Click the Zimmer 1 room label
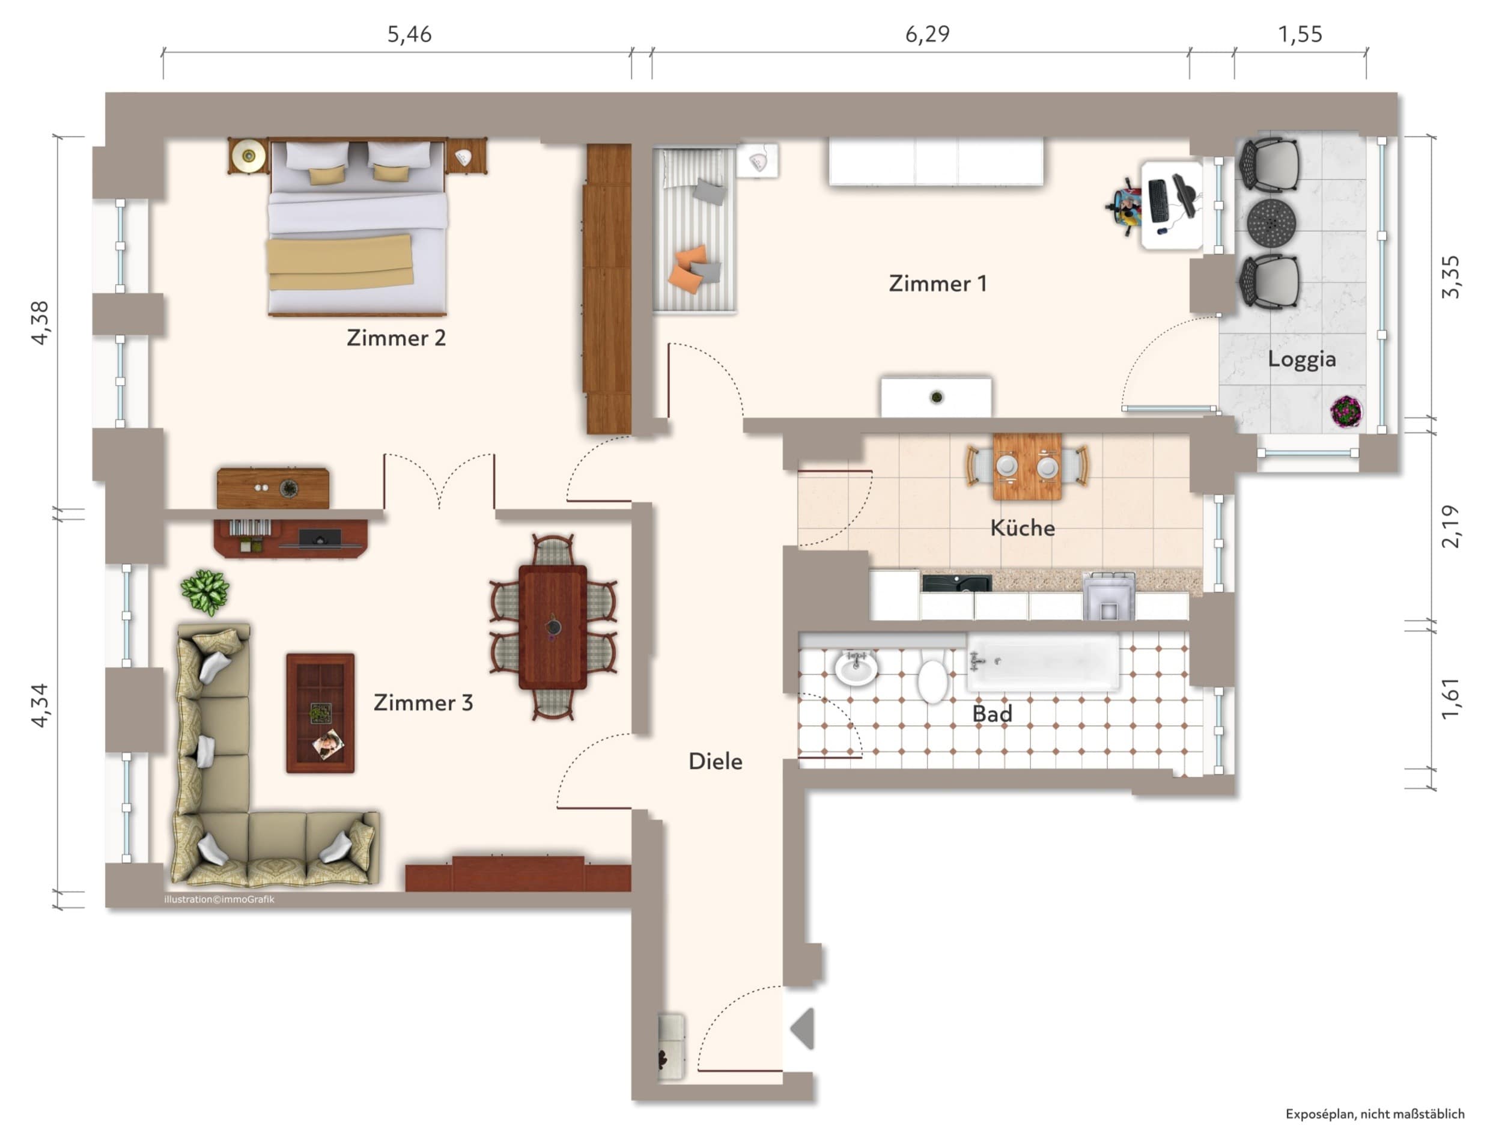pos(938,284)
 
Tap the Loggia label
pos(1302,359)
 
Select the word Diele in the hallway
pos(715,761)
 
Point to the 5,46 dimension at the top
pos(409,34)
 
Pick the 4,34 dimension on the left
pos(40,705)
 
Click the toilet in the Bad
pos(932,675)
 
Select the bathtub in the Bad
pos(1043,662)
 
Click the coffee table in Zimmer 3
pos(320,713)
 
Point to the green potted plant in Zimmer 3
pos(205,592)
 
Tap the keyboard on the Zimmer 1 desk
pos(1158,201)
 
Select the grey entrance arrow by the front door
pos(803,1028)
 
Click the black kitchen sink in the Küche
pos(956,583)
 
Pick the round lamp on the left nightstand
pos(248,156)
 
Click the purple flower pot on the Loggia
pos(1346,412)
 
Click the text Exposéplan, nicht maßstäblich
pos(1375,1113)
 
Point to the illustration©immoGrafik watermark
pos(219,899)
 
